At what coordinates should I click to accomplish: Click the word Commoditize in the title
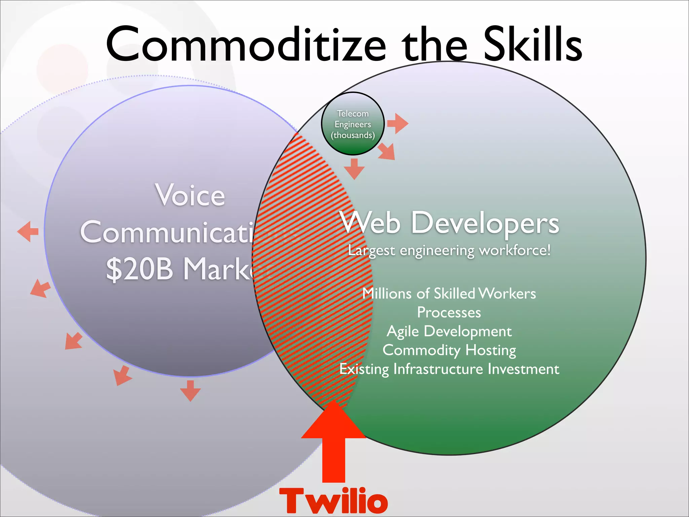click(246, 44)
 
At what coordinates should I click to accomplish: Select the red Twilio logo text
click(333, 501)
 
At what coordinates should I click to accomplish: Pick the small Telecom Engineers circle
click(353, 124)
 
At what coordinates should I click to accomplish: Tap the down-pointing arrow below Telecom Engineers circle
click(354, 169)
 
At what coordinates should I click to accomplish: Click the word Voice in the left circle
click(190, 195)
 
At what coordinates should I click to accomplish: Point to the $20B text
click(140, 269)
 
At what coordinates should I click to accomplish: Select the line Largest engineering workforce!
click(449, 250)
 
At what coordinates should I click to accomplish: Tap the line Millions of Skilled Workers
click(449, 294)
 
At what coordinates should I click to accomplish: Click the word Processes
click(449, 312)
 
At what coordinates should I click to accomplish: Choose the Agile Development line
click(449, 332)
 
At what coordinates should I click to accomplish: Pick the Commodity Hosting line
click(449, 350)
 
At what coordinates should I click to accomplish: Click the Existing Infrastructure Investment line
click(449, 369)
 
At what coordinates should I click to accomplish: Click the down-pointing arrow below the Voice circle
click(190, 390)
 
